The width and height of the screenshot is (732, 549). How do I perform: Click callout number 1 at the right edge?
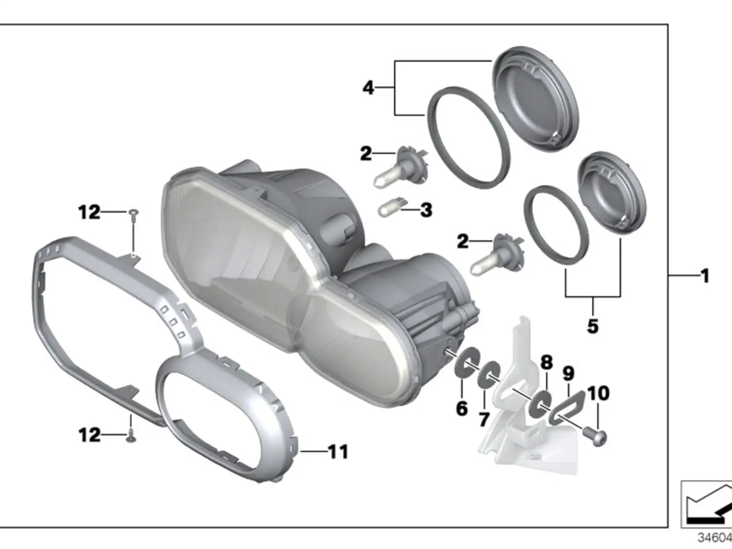coord(705,276)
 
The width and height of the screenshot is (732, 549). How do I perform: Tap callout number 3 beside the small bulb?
coord(426,210)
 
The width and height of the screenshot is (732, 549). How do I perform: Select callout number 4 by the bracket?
coord(368,88)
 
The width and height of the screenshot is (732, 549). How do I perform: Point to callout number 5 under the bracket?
coord(592,326)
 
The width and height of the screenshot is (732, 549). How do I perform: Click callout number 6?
coord(462,409)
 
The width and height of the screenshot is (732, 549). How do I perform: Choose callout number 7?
coord(484,420)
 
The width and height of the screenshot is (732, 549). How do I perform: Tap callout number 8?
coord(546,362)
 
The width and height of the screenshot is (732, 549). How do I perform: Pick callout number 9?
coord(568,373)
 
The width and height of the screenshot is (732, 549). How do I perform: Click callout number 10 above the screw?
coord(598,393)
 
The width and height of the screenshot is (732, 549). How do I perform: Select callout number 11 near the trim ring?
coord(339,452)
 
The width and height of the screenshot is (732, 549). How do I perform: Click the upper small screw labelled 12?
coord(133,216)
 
